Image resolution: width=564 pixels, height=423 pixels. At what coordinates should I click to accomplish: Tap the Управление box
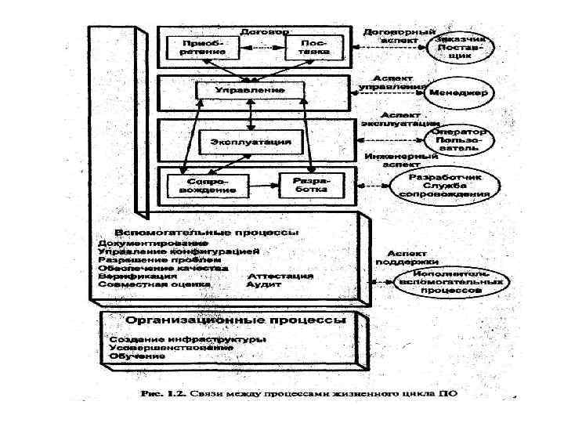(250, 91)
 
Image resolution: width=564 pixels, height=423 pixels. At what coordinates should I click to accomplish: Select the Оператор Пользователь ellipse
(462, 139)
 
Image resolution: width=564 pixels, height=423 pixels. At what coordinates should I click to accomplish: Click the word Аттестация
(280, 277)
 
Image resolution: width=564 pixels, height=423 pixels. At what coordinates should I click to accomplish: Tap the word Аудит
(264, 285)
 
